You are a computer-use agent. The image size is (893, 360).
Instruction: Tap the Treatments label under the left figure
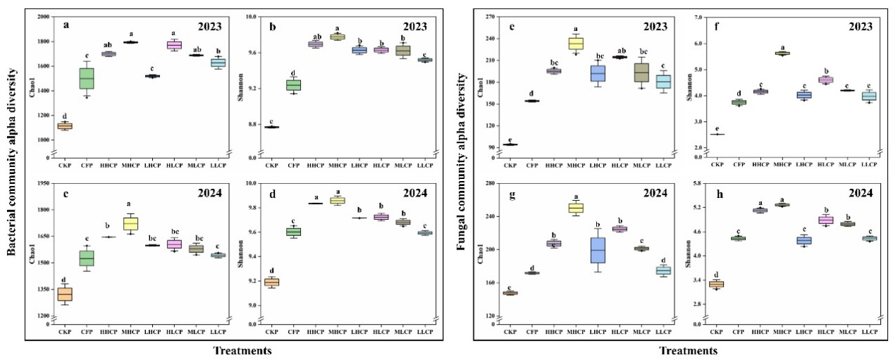(x=245, y=350)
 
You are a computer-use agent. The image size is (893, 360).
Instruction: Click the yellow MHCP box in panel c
(x=130, y=223)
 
